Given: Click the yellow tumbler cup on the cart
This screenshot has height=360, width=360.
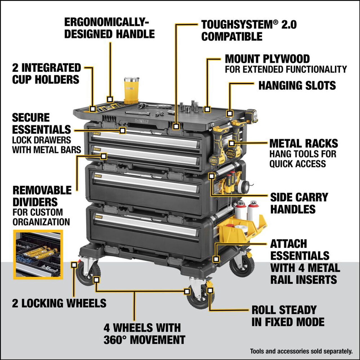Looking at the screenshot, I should click(131, 90).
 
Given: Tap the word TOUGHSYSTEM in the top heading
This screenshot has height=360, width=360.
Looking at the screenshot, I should click(237, 25).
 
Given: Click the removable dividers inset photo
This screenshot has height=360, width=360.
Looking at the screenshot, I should click(38, 254).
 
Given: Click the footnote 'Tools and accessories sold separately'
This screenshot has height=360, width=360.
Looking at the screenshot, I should click(301, 351).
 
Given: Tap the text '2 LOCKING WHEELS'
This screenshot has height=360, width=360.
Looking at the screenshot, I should click(59, 303).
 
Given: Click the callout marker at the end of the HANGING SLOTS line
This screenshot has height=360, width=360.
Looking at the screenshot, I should click(230, 114).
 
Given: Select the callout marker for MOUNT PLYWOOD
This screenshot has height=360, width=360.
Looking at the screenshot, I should click(207, 109).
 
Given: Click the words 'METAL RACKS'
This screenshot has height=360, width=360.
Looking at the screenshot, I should click(303, 143).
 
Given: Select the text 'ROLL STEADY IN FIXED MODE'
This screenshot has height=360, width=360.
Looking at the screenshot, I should click(288, 316).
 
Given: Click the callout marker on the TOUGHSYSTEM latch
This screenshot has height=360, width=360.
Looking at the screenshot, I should click(176, 127).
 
